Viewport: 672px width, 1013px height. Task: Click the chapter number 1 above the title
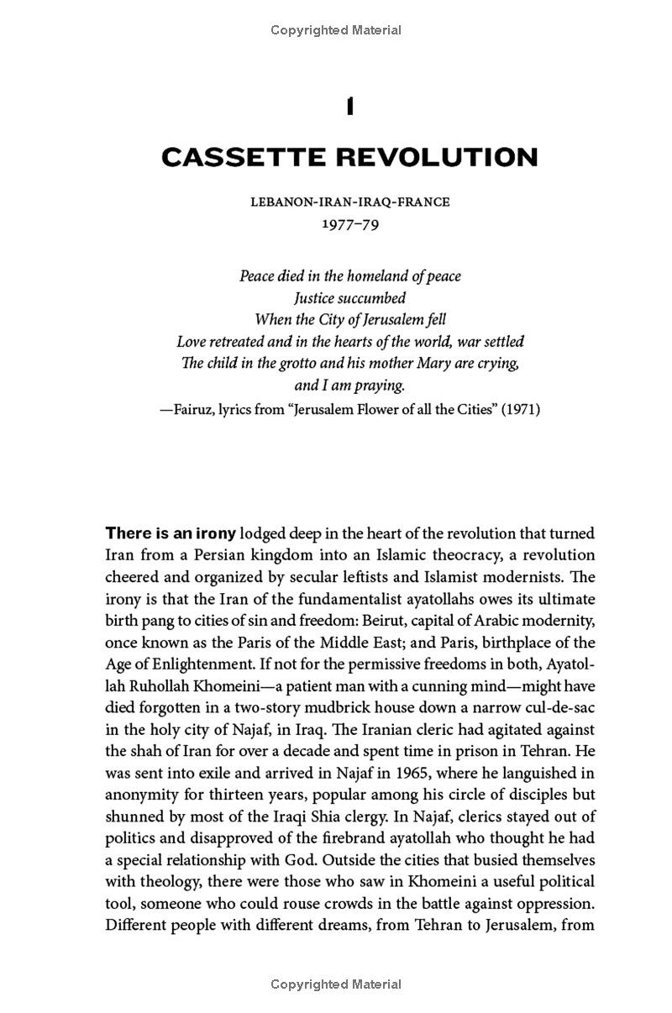click(x=349, y=108)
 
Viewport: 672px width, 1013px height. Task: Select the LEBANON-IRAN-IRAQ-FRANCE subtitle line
click(x=349, y=202)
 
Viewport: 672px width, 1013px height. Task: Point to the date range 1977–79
click(x=349, y=224)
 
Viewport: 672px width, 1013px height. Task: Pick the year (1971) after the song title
click(x=521, y=410)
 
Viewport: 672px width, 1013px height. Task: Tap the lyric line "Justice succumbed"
click(x=349, y=298)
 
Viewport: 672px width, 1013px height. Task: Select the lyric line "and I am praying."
click(x=349, y=386)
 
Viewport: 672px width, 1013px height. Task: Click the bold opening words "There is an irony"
click(x=171, y=533)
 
